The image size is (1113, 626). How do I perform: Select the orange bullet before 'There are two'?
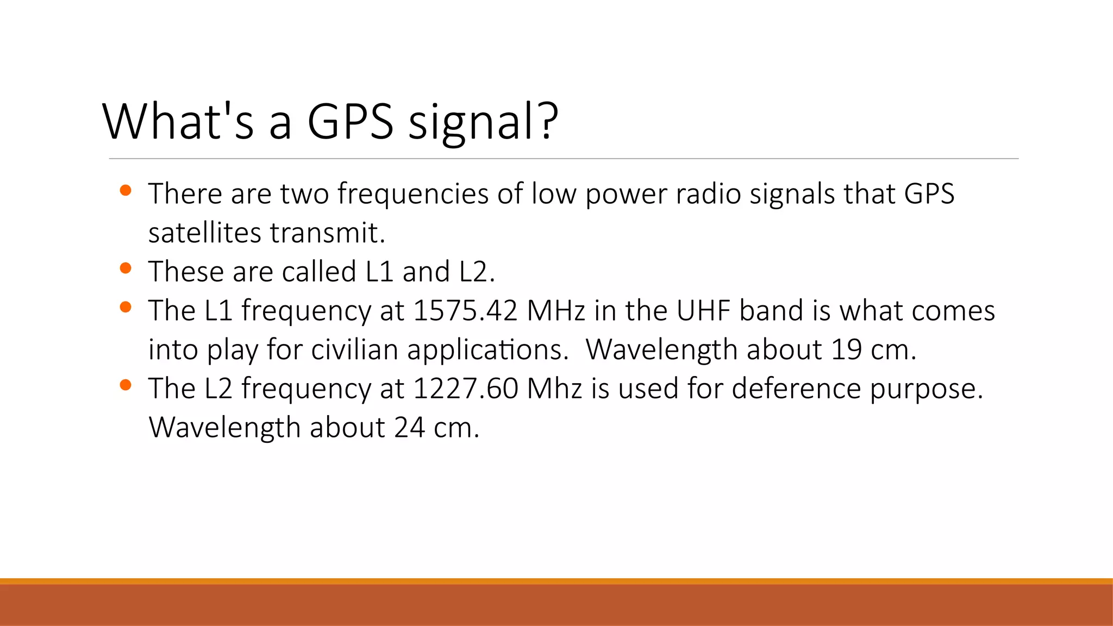[126, 190]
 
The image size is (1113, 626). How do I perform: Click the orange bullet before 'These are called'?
[126, 268]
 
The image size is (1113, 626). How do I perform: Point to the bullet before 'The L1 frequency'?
[126, 307]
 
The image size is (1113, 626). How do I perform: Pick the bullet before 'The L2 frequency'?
[126, 385]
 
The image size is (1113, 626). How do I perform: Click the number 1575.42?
[465, 311]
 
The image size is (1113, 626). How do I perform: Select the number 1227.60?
[465, 389]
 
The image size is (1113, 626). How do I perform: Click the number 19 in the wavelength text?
[846, 349]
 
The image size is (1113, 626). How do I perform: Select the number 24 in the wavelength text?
[409, 428]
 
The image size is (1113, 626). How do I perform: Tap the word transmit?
[327, 233]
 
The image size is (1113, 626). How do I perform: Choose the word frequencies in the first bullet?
[412, 194]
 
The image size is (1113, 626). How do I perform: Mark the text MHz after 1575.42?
[556, 311]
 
